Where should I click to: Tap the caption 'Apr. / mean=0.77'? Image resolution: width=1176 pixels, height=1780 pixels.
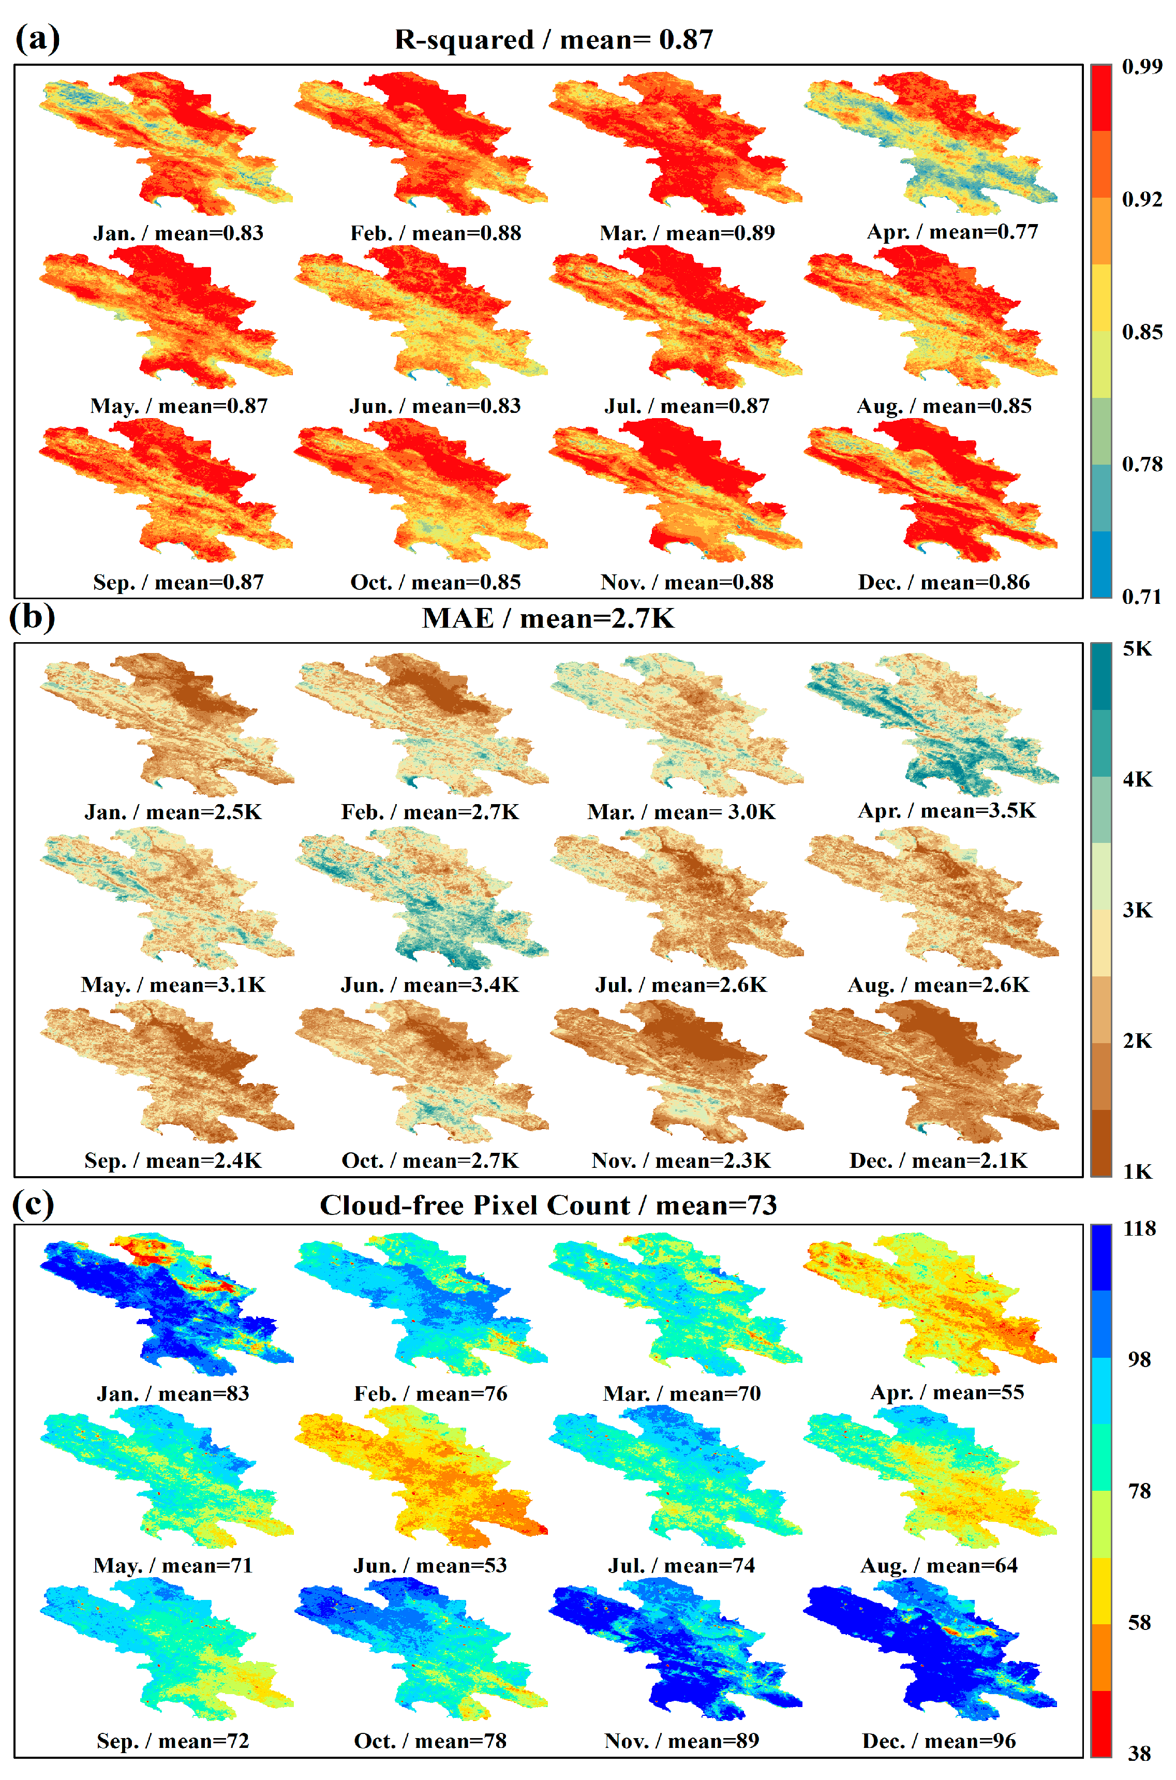[x=952, y=232]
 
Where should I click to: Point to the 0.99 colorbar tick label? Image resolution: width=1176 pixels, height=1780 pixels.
[x=1141, y=67]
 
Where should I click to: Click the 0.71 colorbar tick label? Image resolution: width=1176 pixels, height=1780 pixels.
[x=1141, y=597]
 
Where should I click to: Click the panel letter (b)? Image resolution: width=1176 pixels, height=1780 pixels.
[x=32, y=617]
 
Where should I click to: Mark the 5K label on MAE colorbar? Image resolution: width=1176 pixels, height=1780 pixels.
[x=1137, y=649]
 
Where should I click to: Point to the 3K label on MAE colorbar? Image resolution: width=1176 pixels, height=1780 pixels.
[x=1137, y=910]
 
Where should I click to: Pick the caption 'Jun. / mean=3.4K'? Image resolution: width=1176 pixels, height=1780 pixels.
[x=430, y=984]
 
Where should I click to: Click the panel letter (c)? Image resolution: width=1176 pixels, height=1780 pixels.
[x=33, y=1204]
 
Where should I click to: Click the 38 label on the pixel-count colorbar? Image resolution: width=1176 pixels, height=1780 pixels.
[x=1139, y=1754]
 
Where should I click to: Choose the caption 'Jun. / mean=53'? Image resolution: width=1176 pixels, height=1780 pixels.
[x=430, y=1565]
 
